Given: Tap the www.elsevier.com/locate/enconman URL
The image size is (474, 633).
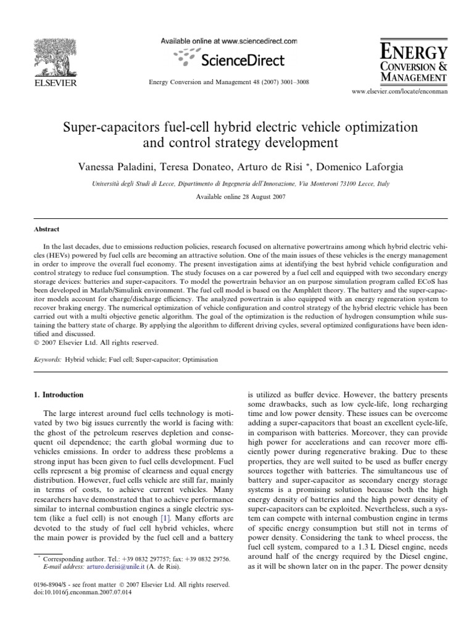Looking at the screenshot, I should pos(399,91).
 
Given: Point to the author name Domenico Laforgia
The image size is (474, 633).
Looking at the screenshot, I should pos(354,168).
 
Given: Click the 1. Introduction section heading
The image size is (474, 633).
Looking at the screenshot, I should pos(59,394).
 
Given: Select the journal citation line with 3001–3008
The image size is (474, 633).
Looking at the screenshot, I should pos(229,82).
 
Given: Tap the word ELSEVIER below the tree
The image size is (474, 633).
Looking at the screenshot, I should pos(55,82).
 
